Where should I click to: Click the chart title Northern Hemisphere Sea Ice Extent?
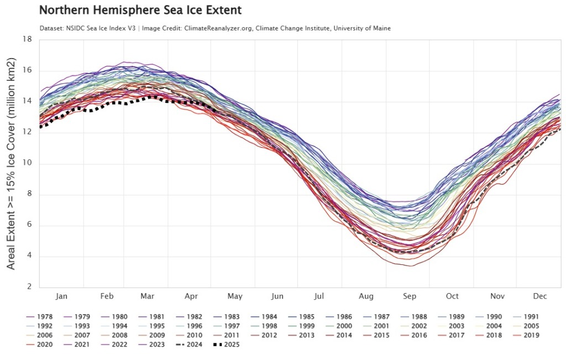pyautogui.click(x=141, y=11)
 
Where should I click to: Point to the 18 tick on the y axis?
pyautogui.click(x=27, y=39)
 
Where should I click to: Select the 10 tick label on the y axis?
pyautogui.click(x=27, y=163)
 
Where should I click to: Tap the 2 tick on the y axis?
pyautogui.click(x=29, y=286)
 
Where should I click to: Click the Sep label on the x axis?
pyautogui.click(x=410, y=296)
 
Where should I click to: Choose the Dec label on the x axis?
pyautogui.click(x=540, y=296)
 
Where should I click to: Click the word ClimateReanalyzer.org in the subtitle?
pyautogui.click(x=211, y=28)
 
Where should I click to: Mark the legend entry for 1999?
pyautogui.click(x=307, y=326)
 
